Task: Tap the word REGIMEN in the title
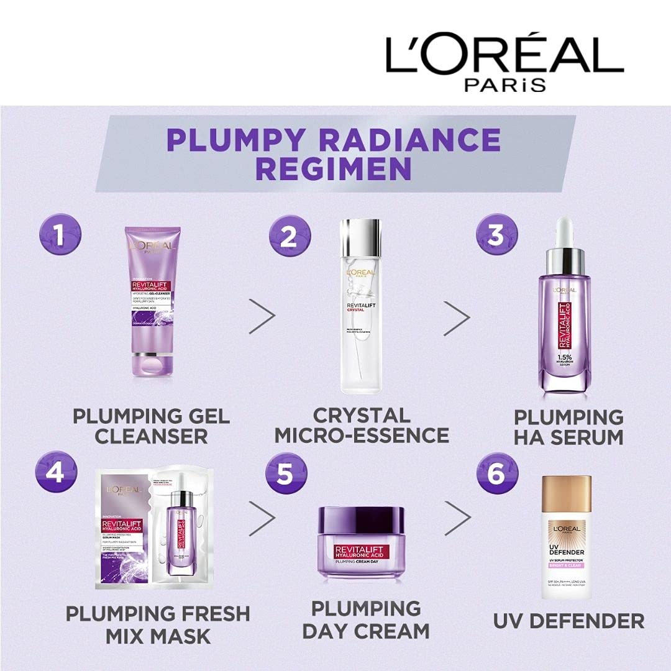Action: (x=334, y=169)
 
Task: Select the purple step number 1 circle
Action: (x=60, y=235)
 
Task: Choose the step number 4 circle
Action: (x=57, y=472)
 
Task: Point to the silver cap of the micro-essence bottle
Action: (x=361, y=231)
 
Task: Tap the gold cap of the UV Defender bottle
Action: (x=566, y=499)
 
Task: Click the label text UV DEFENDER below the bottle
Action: (x=568, y=620)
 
